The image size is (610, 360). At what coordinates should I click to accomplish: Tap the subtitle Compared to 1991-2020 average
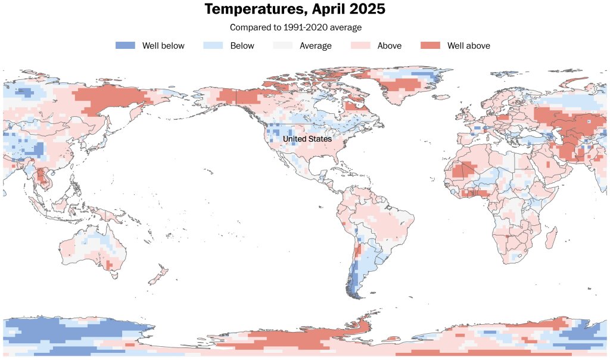pyautogui.click(x=295, y=27)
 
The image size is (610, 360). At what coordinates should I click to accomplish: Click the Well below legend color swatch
pyautogui.click(x=125, y=45)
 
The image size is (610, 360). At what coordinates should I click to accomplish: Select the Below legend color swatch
pyautogui.click(x=213, y=45)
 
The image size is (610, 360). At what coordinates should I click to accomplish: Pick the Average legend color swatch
pyautogui.click(x=282, y=45)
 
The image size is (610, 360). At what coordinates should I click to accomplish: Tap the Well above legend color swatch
pyautogui.click(x=430, y=45)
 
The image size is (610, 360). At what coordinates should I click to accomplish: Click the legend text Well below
pyautogui.click(x=163, y=46)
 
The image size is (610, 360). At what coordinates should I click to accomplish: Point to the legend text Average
pyautogui.click(x=316, y=46)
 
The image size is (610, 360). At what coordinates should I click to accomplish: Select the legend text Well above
pyautogui.click(x=469, y=46)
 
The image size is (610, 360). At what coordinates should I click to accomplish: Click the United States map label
pyautogui.click(x=307, y=139)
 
